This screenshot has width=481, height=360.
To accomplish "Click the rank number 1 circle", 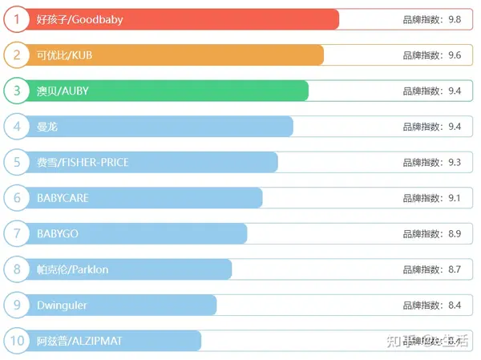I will tap(16, 19).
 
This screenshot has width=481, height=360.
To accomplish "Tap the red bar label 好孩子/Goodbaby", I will tap(80, 19).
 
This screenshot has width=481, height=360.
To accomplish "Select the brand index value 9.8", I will tap(455, 19).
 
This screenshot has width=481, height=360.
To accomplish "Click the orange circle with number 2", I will tap(16, 55).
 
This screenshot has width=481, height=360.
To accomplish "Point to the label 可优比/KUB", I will tap(65, 55).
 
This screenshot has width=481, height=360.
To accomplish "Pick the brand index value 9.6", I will tap(455, 55).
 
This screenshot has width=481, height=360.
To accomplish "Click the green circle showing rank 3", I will tap(16, 91).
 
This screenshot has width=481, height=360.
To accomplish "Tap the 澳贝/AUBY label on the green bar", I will tap(63, 91).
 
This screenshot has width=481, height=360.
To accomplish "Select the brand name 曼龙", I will tap(47, 127).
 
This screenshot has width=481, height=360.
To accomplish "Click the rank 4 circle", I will tap(16, 127).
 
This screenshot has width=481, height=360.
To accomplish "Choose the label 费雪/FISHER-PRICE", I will tap(83, 163).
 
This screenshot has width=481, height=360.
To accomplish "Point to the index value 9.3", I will tap(455, 163).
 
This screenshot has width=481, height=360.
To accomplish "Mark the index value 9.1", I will tap(455, 198).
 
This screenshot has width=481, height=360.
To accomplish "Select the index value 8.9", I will tap(455, 234).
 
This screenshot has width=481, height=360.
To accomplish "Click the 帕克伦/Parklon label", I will tap(72, 269).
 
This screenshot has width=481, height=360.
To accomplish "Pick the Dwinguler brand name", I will tap(62, 305).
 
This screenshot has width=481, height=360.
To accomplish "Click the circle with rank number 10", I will tap(16, 341).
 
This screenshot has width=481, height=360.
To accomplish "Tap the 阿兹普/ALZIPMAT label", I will tap(79, 341).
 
